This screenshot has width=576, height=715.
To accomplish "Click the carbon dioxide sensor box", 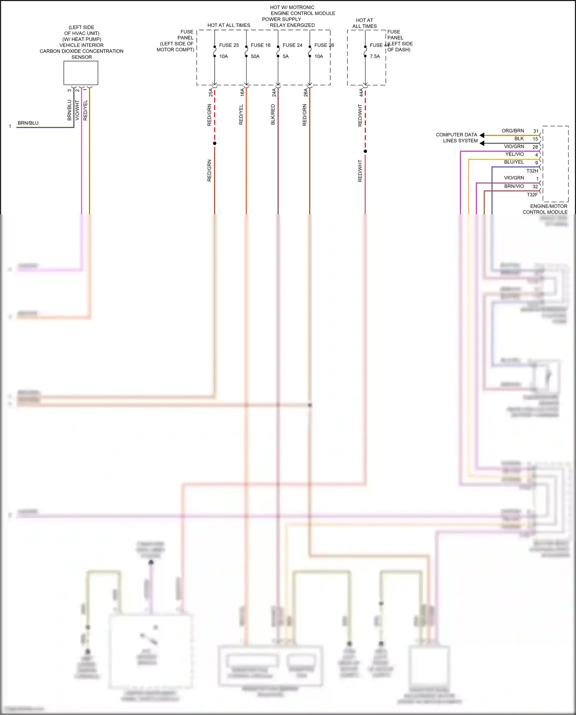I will [81, 73].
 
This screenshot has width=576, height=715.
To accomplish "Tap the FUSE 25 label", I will [229, 45].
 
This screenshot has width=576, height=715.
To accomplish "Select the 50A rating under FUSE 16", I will [255, 56].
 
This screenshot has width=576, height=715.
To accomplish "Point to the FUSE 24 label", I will [292, 45].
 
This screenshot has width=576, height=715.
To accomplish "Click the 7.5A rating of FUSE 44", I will [375, 56].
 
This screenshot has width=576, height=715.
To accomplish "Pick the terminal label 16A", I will [242, 93].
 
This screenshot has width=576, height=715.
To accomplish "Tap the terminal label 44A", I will [361, 93].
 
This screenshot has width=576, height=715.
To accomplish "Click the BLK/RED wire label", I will [273, 114].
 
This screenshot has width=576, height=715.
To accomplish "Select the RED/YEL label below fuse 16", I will [241, 114].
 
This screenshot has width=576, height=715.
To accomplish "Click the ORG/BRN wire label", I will [513, 131].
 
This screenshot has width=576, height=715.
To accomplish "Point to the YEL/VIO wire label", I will [514, 154].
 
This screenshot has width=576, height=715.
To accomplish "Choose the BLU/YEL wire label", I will [514, 163].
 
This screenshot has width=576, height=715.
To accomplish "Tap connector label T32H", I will [532, 171].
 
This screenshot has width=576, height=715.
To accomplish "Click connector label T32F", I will [532, 195].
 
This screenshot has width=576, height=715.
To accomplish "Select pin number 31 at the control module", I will [536, 131].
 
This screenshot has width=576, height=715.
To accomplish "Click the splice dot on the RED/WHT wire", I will [365, 151].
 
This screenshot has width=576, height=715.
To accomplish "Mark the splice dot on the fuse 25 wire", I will [215, 143].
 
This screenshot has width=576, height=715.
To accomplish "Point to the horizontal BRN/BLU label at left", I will [28, 123].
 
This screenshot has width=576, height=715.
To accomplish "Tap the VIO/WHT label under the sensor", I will [77, 110].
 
